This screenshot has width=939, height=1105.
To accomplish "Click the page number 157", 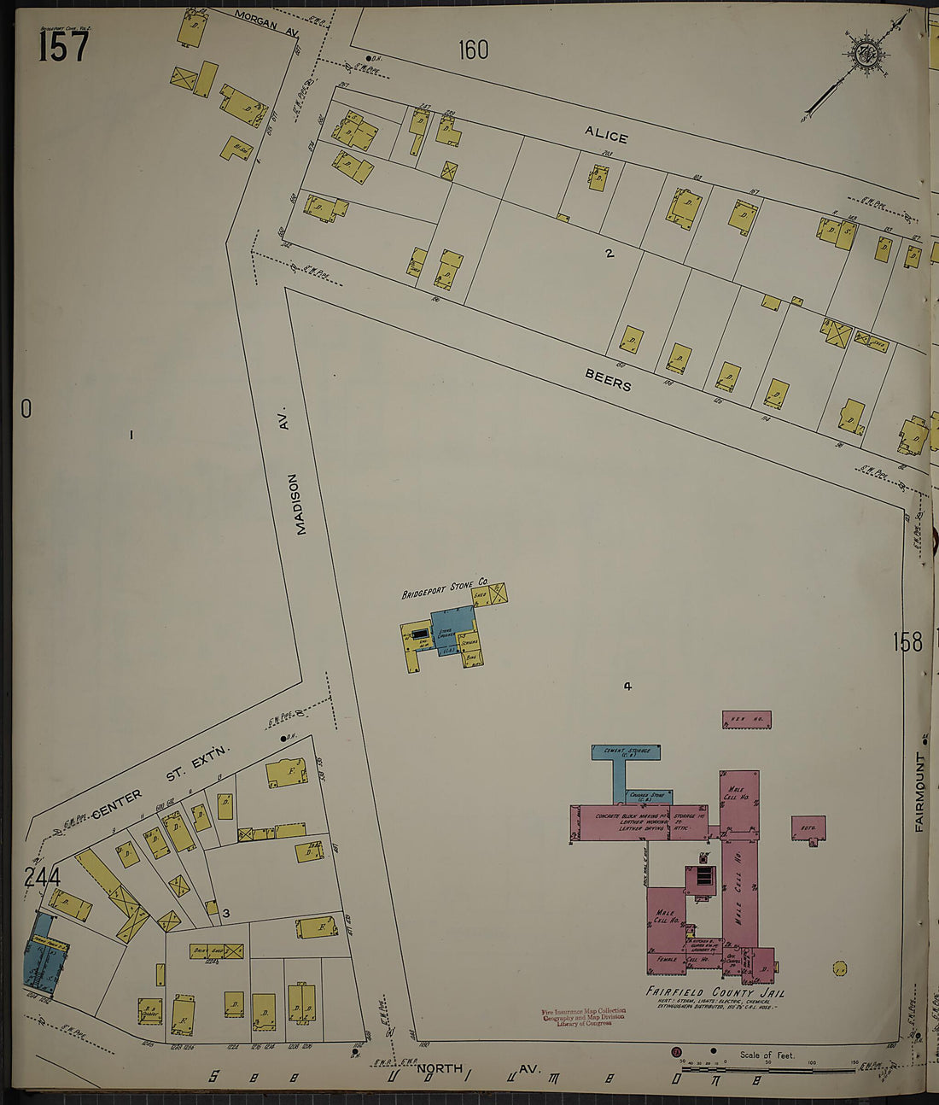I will coord(63,45).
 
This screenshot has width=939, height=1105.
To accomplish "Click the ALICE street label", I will coord(606,135).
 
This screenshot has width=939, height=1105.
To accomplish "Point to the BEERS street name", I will coord(608,380).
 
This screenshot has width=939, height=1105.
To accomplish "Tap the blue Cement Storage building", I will coord(626,752).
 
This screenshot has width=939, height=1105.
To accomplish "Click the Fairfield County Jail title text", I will coord(715,992).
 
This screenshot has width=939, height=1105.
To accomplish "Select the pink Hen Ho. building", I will coord(746,720).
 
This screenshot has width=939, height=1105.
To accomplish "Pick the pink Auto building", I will coord(808,827).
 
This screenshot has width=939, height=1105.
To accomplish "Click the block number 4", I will coord(627,686).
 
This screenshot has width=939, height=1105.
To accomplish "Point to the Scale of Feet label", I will coord(767,1055).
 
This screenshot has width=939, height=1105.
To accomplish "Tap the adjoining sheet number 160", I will coord(473,50).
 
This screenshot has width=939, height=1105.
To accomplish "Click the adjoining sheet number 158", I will coord(907,641).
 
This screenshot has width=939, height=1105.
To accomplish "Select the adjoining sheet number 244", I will coord(42,877).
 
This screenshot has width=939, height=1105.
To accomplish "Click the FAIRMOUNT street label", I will coord(920,792).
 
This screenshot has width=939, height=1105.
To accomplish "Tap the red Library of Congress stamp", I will coord(584,1017).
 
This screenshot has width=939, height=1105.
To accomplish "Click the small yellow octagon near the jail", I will coord(839,968).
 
